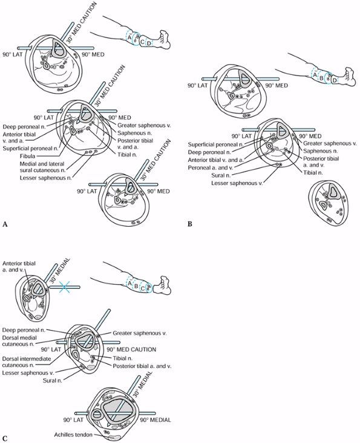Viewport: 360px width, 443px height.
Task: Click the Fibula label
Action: pyautogui.click(x=27, y=157)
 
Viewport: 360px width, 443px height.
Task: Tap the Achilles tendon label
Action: pyautogui.click(x=73, y=435)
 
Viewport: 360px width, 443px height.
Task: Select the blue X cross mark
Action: pyautogui.click(x=65, y=287)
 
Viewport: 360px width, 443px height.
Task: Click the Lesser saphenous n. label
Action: pyautogui.click(x=46, y=178)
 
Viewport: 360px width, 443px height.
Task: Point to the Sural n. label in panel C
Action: pyautogui.click(x=52, y=380)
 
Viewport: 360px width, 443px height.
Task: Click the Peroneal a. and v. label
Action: pyautogui.click(x=211, y=168)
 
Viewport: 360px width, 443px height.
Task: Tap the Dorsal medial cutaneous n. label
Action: pyautogui.click(x=19, y=341)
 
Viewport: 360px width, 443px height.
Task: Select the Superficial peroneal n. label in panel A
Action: pyautogui.click(x=30, y=148)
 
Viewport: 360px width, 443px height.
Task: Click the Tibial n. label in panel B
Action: pyautogui.click(x=313, y=172)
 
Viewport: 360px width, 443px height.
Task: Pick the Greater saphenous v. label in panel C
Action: pyautogui.click(x=140, y=333)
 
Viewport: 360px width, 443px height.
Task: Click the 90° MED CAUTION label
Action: pyautogui.click(x=131, y=349)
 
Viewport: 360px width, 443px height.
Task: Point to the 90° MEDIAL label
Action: pyautogui.click(x=155, y=420)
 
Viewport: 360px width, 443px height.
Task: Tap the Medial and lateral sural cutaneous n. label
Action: pyautogui.click(x=42, y=167)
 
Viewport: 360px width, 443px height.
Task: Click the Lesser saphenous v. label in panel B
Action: pyautogui.click(x=237, y=183)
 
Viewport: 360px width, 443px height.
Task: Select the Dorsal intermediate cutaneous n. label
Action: pyautogui.click(x=27, y=362)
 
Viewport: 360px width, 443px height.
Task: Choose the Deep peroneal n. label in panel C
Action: pyautogui.click(x=24, y=330)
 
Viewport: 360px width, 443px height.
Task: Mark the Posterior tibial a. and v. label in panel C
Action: pyautogui.click(x=142, y=366)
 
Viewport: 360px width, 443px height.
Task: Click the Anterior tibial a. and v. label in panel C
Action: pyautogui.click(x=19, y=267)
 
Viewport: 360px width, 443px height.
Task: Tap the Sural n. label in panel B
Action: pyautogui.click(x=221, y=175)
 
